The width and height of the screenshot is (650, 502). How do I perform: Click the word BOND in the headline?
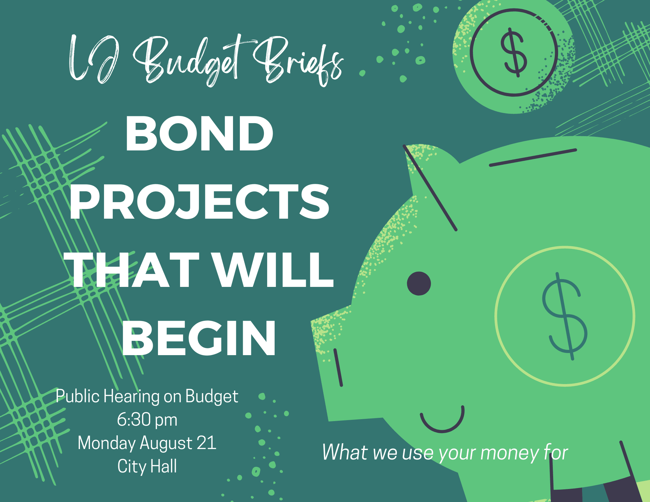(x=199, y=134)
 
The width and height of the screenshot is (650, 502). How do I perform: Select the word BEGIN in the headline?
(x=199, y=338)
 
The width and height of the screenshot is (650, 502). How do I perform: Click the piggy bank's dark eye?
(x=419, y=283)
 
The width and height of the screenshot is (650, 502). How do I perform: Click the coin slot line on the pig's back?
(x=533, y=158)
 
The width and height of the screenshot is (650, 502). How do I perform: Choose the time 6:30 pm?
(x=147, y=419)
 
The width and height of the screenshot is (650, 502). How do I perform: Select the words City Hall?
(x=147, y=467)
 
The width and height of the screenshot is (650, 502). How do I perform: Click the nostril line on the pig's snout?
(x=338, y=367)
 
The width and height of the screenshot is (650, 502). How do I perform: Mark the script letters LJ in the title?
(x=93, y=58)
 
